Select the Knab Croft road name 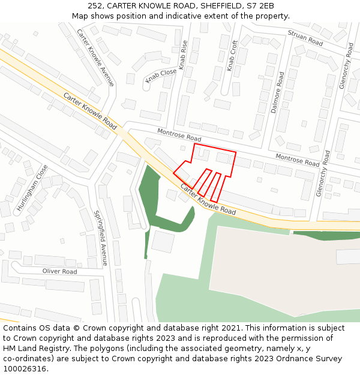(233, 56)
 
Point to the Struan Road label (305, 38)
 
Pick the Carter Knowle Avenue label (95, 57)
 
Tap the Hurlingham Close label (32, 187)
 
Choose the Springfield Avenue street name (101, 238)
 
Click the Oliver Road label (59, 271)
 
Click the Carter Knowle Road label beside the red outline (208, 199)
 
